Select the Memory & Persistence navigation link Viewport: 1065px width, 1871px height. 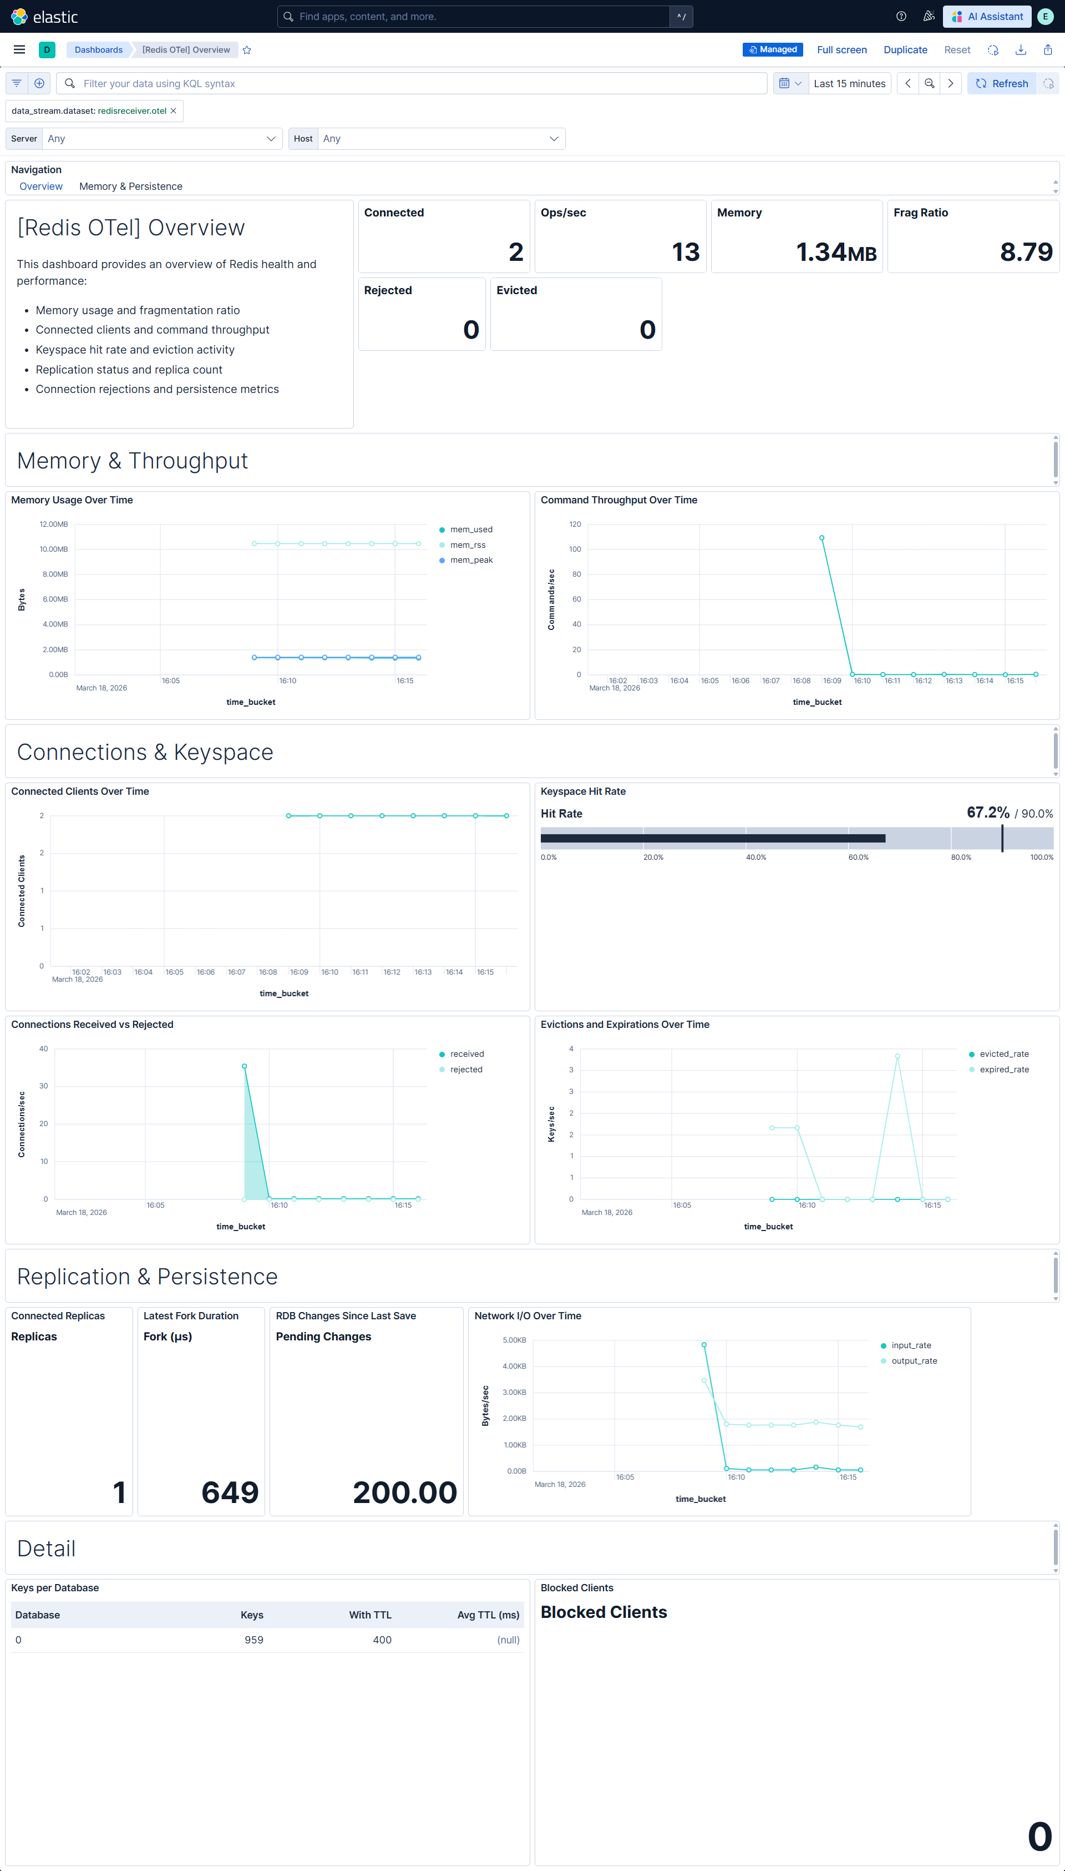click(130, 186)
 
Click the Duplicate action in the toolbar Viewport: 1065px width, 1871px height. click(905, 50)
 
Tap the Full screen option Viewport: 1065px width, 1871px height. click(841, 50)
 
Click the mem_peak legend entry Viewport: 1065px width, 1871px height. click(471, 560)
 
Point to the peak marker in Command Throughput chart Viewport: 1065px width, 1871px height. click(822, 538)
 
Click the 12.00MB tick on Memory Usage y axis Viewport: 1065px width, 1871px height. click(53, 524)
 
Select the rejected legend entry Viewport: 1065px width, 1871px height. click(466, 1069)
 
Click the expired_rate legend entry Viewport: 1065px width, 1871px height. click(1003, 1069)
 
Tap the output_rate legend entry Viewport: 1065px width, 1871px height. click(914, 1360)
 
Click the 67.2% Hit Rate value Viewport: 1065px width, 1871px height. click(987, 812)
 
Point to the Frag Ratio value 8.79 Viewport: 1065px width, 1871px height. click(1026, 252)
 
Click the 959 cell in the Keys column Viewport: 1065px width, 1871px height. click(254, 1640)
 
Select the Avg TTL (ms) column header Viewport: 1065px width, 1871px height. click(488, 1615)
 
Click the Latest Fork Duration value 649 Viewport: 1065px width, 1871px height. click(230, 1492)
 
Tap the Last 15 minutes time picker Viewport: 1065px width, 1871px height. click(849, 83)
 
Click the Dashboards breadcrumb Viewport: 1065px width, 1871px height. click(99, 50)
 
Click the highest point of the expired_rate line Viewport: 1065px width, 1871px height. click(897, 1056)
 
